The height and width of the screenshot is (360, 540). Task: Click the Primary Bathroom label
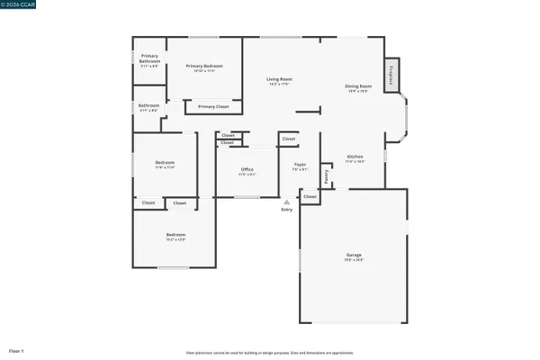pyautogui.click(x=149, y=62)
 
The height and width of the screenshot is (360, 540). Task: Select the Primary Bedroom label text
pyautogui.click(x=204, y=66)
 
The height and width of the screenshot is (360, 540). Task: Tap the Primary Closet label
pyautogui.click(x=213, y=107)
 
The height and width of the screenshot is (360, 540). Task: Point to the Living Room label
pyautogui.click(x=279, y=79)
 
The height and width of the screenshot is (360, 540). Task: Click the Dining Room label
pyautogui.click(x=357, y=86)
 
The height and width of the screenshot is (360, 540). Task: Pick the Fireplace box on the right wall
pyautogui.click(x=391, y=76)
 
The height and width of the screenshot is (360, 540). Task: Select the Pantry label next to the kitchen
pyautogui.click(x=327, y=176)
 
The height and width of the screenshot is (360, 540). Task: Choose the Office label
pyautogui.click(x=247, y=169)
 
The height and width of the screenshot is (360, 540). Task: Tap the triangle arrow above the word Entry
pyautogui.click(x=287, y=202)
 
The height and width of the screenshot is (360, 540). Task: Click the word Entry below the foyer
pyautogui.click(x=287, y=209)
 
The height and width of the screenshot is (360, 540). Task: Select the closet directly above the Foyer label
pyautogui.click(x=289, y=139)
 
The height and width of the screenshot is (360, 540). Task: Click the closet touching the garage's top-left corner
pyautogui.click(x=310, y=196)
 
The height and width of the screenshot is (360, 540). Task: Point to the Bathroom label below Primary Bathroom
pyautogui.click(x=148, y=106)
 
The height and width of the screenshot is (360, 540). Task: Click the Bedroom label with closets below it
pyautogui.click(x=164, y=164)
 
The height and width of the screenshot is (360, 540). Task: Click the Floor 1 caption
pyautogui.click(x=16, y=350)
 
